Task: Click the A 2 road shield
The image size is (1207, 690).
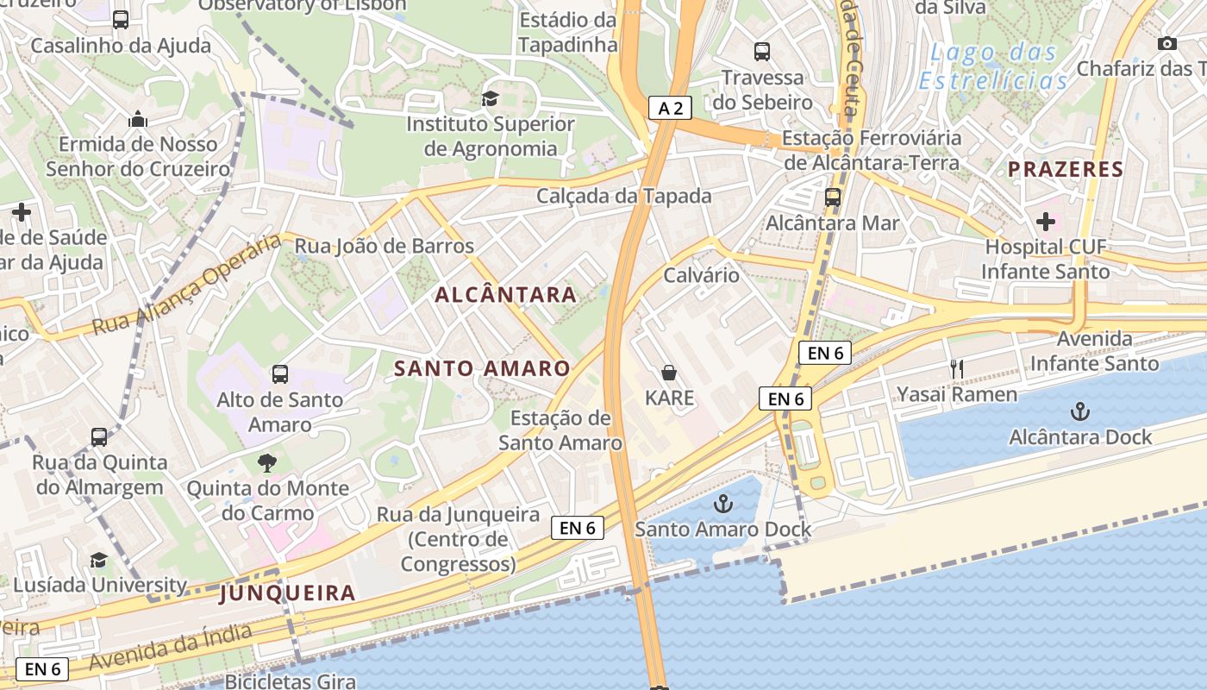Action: tap(670, 108)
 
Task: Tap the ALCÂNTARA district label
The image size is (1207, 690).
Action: tap(505, 295)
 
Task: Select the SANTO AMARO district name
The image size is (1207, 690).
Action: tap(482, 369)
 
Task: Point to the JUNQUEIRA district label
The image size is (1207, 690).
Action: tap(287, 593)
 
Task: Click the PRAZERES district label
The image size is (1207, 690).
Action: tap(1066, 169)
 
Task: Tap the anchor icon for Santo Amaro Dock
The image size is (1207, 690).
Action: tap(723, 504)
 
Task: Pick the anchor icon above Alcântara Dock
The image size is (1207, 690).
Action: tap(1079, 411)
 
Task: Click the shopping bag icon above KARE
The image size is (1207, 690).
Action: tap(669, 373)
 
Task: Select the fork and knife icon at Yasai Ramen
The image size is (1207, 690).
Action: tap(956, 369)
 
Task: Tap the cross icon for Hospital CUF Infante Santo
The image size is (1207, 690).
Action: tap(1046, 222)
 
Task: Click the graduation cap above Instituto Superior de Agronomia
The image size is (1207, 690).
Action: tap(490, 99)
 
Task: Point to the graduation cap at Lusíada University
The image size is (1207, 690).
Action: tap(99, 561)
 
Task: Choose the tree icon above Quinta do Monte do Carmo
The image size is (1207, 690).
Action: tap(267, 463)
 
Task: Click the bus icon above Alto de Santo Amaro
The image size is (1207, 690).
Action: tap(279, 374)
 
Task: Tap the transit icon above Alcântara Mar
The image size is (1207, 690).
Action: tap(832, 198)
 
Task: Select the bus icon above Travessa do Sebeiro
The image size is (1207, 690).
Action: tap(762, 52)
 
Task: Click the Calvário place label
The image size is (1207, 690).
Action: tap(701, 275)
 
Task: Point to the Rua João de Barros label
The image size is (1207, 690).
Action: tap(385, 247)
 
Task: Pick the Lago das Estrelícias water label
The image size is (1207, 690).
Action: tap(993, 66)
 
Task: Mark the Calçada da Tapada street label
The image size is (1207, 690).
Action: tap(624, 196)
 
